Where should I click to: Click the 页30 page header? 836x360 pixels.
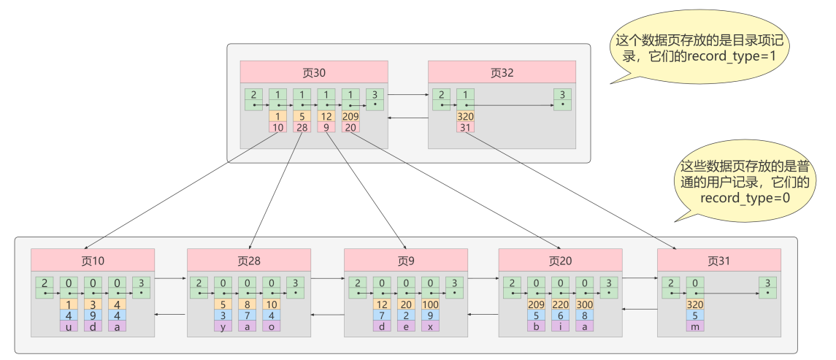point(314,72)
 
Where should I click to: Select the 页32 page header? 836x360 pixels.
point(502,72)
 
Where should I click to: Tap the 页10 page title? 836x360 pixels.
point(93,260)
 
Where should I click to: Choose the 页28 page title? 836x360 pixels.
point(249,260)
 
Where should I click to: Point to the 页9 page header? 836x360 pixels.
point(406,260)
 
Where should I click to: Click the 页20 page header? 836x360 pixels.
point(560,260)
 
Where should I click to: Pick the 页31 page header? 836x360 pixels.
point(719,260)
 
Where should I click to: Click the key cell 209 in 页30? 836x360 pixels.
point(350,116)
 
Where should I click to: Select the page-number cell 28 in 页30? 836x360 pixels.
point(302,128)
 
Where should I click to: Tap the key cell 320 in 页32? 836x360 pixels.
point(465,116)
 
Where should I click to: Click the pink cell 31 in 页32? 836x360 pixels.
point(465,128)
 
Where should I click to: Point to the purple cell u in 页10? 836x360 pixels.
point(69,326)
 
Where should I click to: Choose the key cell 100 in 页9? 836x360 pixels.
point(431,305)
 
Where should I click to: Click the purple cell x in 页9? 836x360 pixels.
point(431,326)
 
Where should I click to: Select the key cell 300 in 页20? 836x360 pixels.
point(585,305)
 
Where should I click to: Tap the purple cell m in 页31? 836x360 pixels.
point(695,326)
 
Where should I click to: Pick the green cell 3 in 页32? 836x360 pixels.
point(561,99)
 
